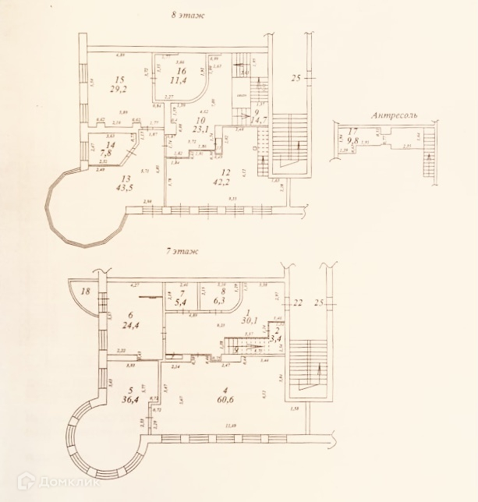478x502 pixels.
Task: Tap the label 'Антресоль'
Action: coord(394,115)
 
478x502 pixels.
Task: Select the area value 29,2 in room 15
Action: coord(119,89)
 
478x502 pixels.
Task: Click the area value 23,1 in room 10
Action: coord(179,130)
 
